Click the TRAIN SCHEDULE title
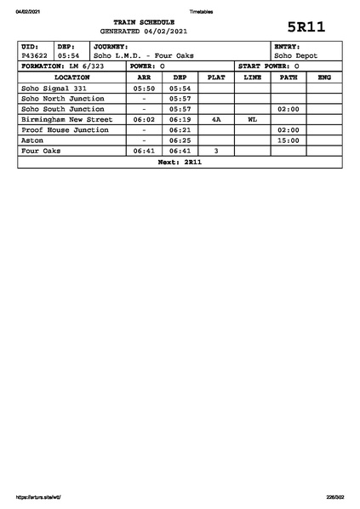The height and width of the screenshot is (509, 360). click(x=149, y=20)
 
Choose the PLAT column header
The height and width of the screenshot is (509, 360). click(x=216, y=77)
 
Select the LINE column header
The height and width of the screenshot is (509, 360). click(x=252, y=77)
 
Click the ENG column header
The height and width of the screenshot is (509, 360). click(x=323, y=77)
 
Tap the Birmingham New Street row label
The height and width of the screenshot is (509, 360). click(x=66, y=119)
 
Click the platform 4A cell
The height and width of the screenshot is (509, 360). click(x=216, y=119)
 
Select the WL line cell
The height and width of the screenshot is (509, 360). click(x=252, y=119)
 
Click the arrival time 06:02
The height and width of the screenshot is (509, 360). click(x=144, y=119)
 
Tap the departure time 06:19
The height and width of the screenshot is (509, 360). click(x=180, y=119)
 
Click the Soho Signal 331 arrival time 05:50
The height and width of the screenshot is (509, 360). click(x=144, y=88)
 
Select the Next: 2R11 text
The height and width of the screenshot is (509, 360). click(x=180, y=161)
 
